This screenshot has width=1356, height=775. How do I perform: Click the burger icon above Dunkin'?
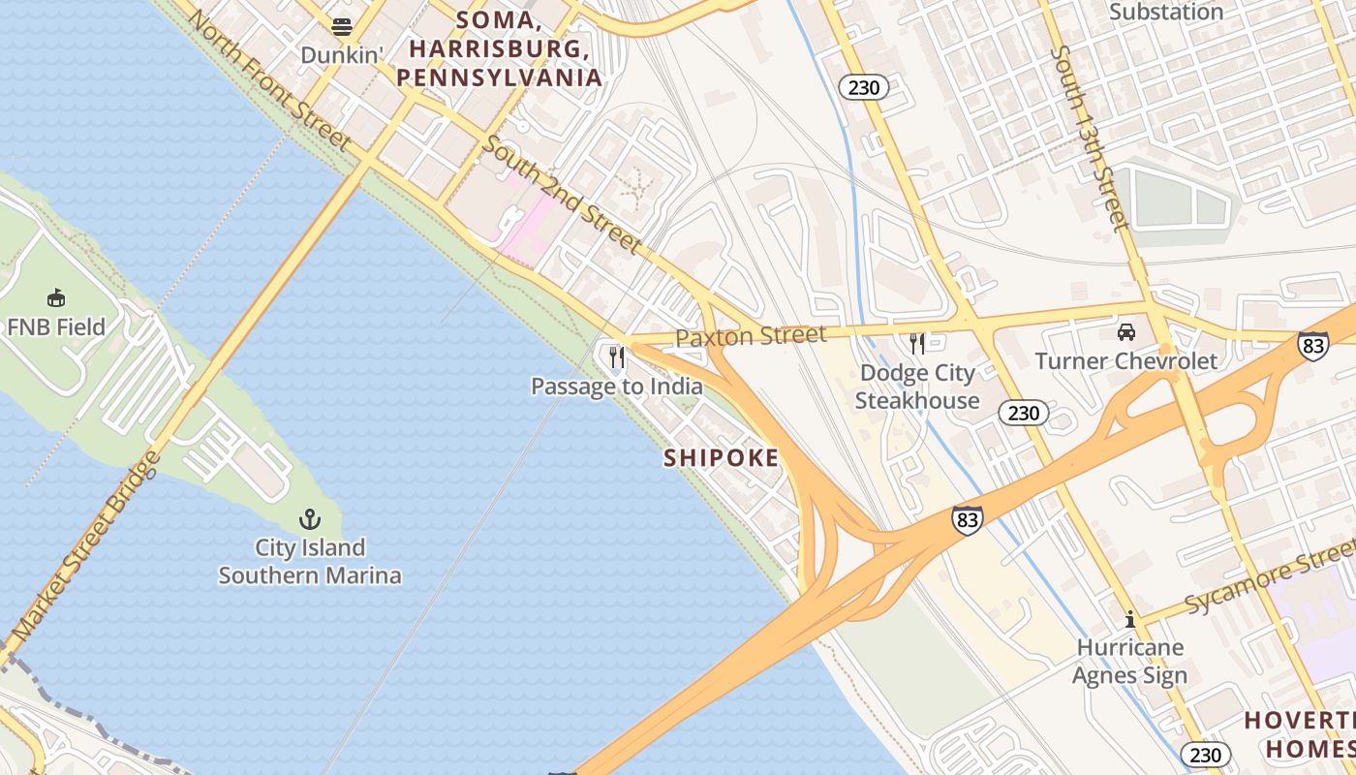coord(342,26)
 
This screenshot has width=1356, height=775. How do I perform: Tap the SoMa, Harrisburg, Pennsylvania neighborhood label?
coord(499,48)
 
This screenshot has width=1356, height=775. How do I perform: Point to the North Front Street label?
coord(268,80)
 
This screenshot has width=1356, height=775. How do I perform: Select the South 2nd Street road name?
coord(562,195)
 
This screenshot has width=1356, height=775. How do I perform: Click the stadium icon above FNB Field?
coord(55,297)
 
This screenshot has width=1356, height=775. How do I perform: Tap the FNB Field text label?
coord(55,327)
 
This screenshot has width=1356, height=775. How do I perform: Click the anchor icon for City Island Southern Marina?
coord(309,518)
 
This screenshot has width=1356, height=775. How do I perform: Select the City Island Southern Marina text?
coord(309,562)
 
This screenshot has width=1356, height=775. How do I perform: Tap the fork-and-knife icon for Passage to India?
coord(616,358)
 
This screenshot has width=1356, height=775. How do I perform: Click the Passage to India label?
coord(616,387)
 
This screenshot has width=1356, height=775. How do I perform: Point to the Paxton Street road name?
coord(751,336)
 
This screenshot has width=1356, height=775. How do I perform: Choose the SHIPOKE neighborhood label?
coord(721,458)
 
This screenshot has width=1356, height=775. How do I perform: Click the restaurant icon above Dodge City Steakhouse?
coord(916,344)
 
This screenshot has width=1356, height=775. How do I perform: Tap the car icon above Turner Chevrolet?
coord(1126,332)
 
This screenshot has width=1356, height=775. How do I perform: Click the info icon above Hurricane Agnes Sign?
coord(1129,619)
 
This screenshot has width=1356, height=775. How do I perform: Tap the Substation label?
coord(1165,13)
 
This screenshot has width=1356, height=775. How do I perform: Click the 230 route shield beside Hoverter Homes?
coord(1205,755)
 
